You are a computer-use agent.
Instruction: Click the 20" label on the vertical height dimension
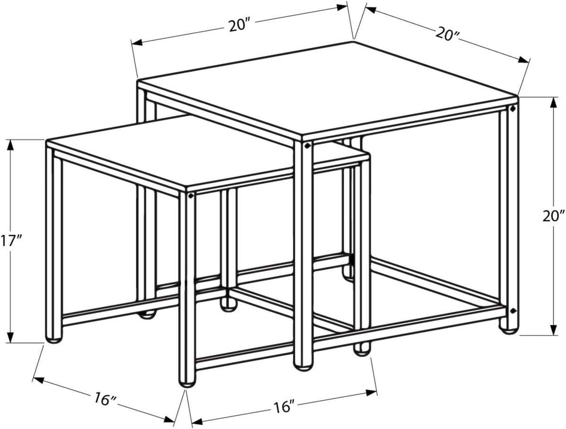point(552,216)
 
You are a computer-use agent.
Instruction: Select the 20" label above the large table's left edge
point(239,26)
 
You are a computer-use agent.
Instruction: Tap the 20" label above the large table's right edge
point(448,34)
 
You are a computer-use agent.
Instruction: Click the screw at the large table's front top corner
point(307,146)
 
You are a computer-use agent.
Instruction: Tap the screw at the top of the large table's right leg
point(512,109)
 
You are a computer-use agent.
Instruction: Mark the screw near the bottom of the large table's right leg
point(512,310)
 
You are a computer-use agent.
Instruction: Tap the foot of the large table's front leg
point(303,367)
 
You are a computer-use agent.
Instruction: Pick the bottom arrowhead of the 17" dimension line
point(10,337)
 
